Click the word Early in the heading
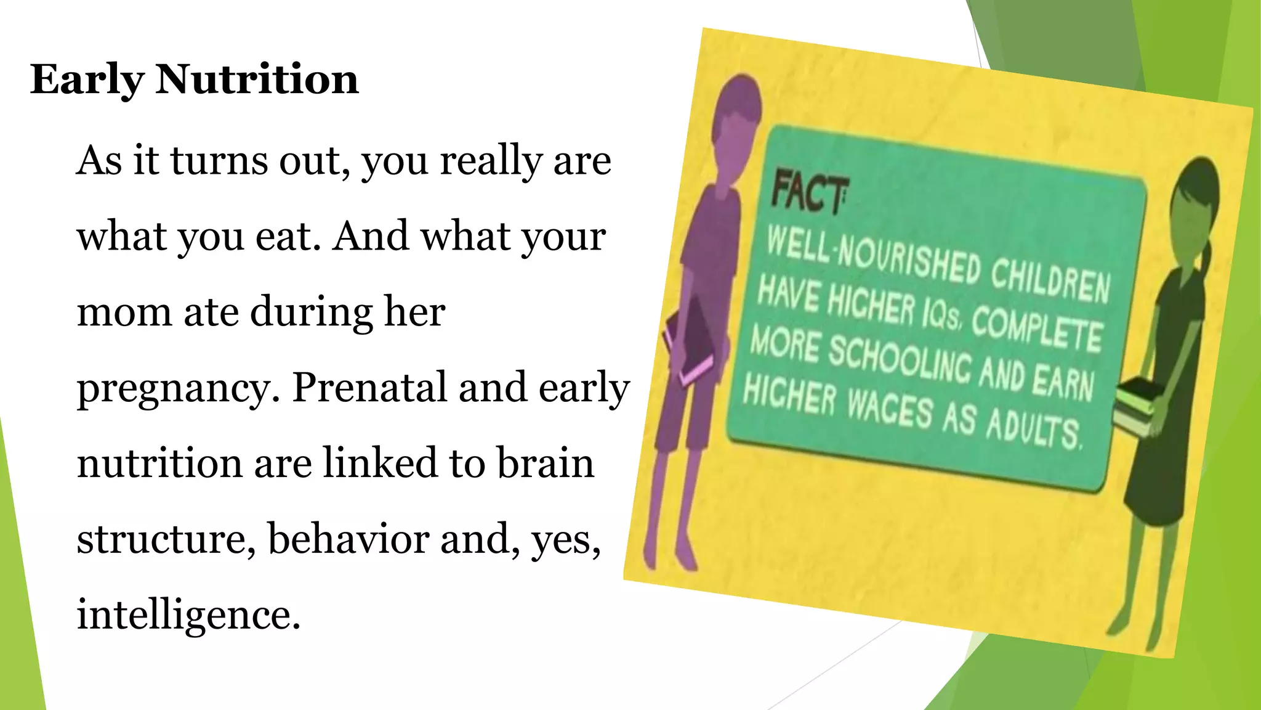87,81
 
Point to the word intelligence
188,615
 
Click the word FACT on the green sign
808,194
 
